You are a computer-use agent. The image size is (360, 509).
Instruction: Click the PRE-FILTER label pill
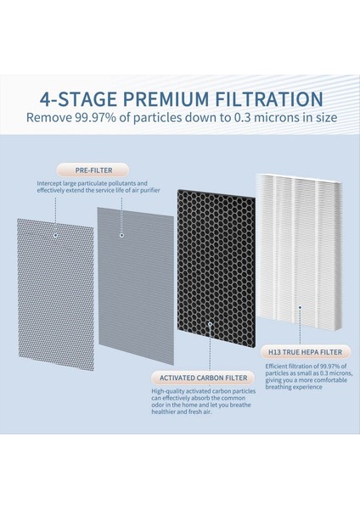pyautogui.click(x=93, y=171)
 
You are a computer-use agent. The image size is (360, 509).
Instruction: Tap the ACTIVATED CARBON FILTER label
pyautogui.click(x=203, y=378)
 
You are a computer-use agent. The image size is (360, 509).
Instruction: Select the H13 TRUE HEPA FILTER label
pyautogui.click(x=305, y=352)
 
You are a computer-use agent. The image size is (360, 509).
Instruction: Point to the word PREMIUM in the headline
pyautogui.click(x=166, y=99)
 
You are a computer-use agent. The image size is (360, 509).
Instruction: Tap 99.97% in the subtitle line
pyautogui.click(x=95, y=118)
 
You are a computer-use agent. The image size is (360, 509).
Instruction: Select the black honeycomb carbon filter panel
pyautogui.click(x=216, y=271)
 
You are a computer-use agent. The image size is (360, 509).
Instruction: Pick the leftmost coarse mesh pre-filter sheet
pyautogui.click(x=56, y=294)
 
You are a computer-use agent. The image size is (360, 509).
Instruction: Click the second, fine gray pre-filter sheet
pyautogui.click(x=136, y=286)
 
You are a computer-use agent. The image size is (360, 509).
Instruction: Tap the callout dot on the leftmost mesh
pyautogui.click(x=56, y=235)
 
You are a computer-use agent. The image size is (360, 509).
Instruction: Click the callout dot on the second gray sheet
pyautogui.click(x=122, y=235)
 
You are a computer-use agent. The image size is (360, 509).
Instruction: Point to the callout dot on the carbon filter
pyautogui.click(x=210, y=324)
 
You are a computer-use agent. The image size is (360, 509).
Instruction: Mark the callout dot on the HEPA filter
pyautogui.click(x=301, y=307)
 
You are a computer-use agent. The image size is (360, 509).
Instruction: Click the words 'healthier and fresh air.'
pyautogui.click(x=182, y=412)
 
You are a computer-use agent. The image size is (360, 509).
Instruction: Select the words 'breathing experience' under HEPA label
pyautogui.click(x=294, y=387)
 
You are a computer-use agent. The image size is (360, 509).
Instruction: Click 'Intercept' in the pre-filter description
pyautogui.click(x=48, y=183)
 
